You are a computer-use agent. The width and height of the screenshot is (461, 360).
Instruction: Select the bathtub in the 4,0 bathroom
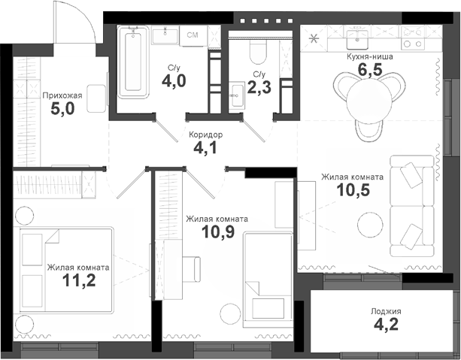pos(132,63)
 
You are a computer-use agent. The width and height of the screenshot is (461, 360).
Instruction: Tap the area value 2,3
pos(259,87)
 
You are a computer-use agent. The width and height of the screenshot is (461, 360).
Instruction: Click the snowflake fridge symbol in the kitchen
pos(314,37)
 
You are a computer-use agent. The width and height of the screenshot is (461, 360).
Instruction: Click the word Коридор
pos(205,134)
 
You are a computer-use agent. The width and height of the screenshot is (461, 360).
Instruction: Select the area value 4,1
pos(205,148)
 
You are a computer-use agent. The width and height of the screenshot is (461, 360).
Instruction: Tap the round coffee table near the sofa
pos(368,223)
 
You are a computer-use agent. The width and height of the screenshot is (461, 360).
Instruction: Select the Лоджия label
pos(386,311)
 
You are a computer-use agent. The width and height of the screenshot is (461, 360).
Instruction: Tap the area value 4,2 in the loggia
pos(385,326)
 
